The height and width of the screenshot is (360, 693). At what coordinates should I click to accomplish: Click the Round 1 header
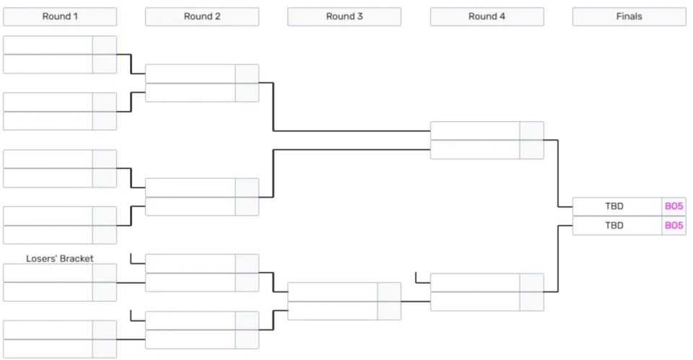coord(60,17)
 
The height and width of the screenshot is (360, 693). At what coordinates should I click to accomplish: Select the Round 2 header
coord(202,17)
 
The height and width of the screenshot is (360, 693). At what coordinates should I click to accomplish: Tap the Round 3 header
coord(344,17)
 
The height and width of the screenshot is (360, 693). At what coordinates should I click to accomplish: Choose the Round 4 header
coord(487,17)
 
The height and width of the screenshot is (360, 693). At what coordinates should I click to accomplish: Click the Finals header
coord(629,17)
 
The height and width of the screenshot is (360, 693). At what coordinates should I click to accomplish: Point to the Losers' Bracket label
coord(60,258)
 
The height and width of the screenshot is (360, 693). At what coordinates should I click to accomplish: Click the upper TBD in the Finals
coord(614,206)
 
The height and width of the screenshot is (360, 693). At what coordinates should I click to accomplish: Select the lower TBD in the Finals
coord(614,226)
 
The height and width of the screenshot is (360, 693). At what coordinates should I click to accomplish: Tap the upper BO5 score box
coord(674,206)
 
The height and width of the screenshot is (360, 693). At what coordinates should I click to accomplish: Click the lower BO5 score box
coord(674,225)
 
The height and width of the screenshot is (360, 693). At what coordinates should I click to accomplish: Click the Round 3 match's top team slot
coord(333,292)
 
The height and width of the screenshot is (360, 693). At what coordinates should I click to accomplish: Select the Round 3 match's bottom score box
coord(389,311)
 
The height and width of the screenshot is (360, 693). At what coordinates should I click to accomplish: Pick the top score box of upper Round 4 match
coord(532,131)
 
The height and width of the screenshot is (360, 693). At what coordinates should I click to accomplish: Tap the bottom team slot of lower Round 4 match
coord(475,302)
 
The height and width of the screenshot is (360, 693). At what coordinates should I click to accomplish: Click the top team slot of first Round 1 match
coord(48,45)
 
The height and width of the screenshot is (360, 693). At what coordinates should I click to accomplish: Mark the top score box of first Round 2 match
coord(247,74)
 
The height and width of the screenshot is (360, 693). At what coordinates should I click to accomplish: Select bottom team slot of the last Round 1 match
coord(48,349)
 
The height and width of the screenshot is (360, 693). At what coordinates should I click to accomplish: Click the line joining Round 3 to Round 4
coord(416,302)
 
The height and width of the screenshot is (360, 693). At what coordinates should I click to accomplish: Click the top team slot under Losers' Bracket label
coord(48,273)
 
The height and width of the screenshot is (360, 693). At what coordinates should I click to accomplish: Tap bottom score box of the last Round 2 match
coord(247,340)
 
